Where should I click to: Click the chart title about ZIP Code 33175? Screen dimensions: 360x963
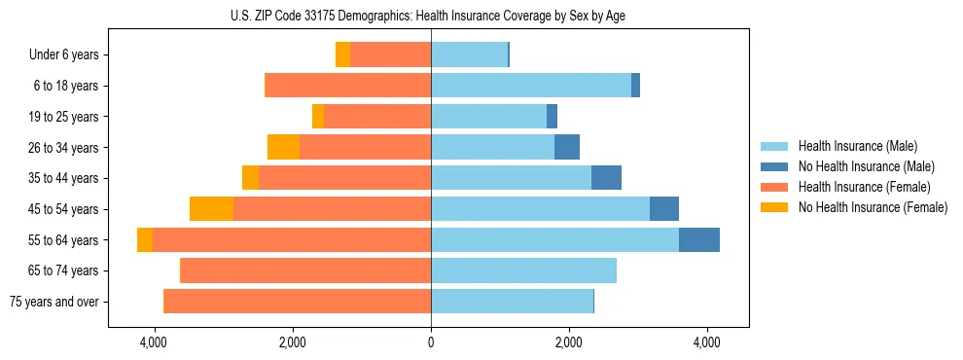pos(428,16)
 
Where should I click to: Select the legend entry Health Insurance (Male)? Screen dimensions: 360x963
pos(857,146)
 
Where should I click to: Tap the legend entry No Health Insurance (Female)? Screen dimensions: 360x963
pos(873,207)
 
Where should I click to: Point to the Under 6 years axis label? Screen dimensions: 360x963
pos(63,55)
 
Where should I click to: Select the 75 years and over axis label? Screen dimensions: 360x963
pos(53,302)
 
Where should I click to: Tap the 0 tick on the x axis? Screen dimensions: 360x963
pos(431,342)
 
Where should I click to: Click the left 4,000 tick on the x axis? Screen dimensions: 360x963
pos(155,342)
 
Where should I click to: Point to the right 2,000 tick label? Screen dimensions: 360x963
pos(569,342)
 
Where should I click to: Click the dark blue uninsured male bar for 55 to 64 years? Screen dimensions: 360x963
pos(698,239)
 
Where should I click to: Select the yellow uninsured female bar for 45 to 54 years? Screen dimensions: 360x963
pos(211,209)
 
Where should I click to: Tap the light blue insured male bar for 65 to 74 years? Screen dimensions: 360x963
pos(523,270)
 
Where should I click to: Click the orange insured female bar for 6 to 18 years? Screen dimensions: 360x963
pos(348,86)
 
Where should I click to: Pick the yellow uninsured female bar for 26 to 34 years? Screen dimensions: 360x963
pos(283,147)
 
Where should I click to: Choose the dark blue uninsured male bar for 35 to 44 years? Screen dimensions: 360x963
pos(606,178)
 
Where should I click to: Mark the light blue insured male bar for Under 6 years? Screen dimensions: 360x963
pos(469,55)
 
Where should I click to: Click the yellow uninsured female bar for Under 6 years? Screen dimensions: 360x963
pos(342,55)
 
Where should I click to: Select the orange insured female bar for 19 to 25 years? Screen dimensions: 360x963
pos(377,117)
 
